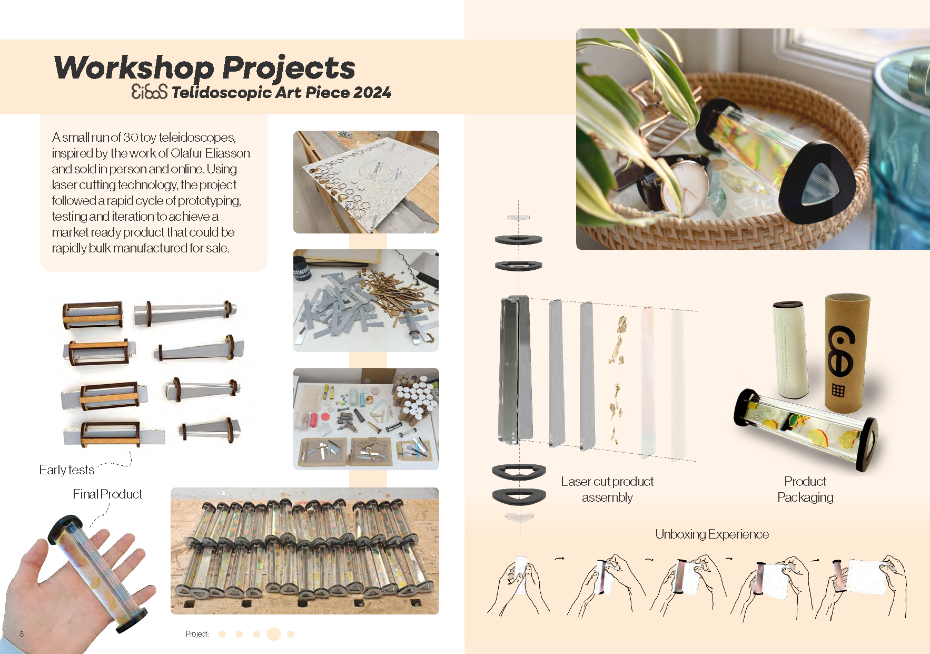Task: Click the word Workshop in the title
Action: pos(134,69)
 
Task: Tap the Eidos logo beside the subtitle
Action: pos(149,92)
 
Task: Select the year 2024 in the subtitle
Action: pos(372,93)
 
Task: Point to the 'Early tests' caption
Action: pos(66,470)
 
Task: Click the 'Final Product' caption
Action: pos(107,494)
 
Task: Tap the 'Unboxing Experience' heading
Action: pos(712,534)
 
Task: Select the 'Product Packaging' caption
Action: pos(805,489)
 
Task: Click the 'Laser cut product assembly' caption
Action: pos(607,489)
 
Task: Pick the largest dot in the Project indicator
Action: pos(273,634)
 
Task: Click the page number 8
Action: pos(22,634)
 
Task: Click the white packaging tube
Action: pos(790,349)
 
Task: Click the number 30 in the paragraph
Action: pos(131,138)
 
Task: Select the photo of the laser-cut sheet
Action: pos(366,182)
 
